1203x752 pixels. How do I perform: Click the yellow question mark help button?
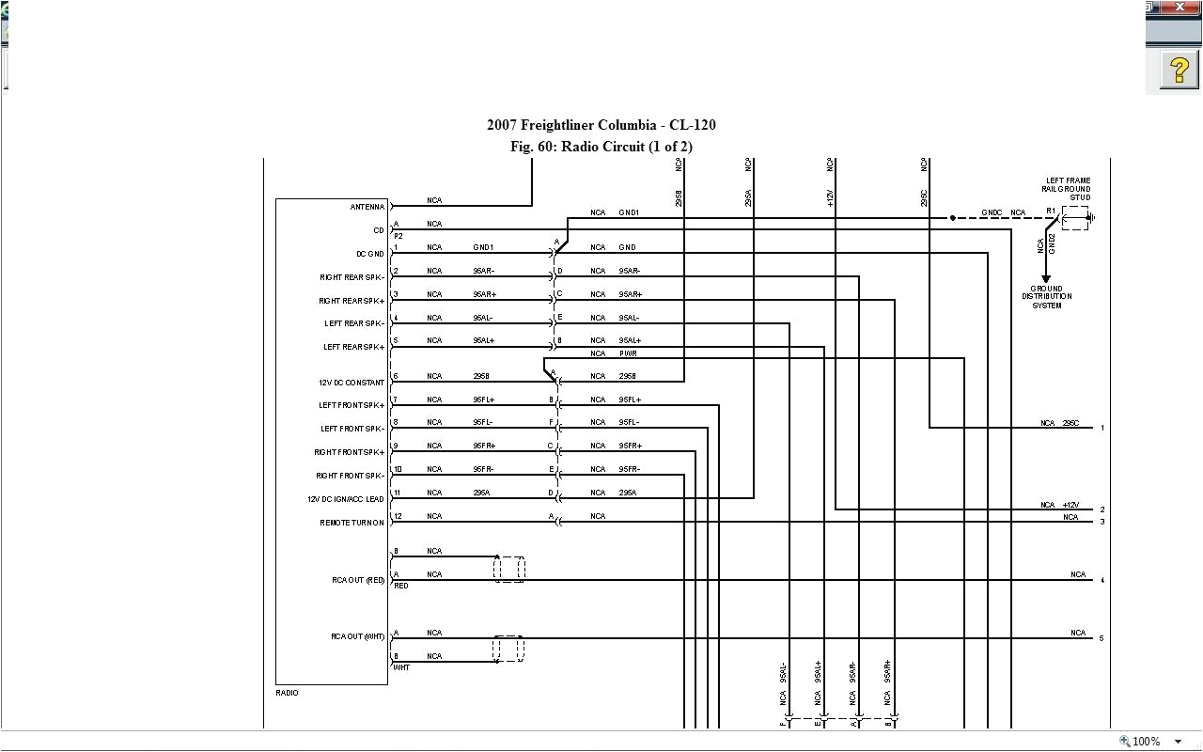1179,70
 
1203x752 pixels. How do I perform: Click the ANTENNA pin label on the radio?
367,207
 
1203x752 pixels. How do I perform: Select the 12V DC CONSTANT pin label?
352,383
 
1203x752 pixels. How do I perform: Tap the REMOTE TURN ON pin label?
352,523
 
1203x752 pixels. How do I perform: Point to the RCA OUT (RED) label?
358,580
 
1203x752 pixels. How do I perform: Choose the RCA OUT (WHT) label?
358,637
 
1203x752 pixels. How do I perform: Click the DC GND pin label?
370,254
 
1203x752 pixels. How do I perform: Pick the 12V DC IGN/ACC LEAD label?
346,499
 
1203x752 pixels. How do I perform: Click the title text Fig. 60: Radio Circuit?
601,147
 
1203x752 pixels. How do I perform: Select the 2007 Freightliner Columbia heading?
601,125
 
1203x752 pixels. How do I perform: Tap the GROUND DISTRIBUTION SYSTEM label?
1047,297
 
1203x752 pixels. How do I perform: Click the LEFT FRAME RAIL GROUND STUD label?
1068,189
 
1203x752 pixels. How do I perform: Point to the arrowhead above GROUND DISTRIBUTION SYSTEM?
1046,277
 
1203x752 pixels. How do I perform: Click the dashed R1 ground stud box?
1074,219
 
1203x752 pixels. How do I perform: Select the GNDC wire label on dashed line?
992,213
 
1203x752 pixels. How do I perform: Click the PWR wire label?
628,353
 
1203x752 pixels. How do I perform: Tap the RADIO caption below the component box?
287,693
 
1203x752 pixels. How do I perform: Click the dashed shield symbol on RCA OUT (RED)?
508,569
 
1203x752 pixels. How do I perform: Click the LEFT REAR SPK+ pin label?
354,347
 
